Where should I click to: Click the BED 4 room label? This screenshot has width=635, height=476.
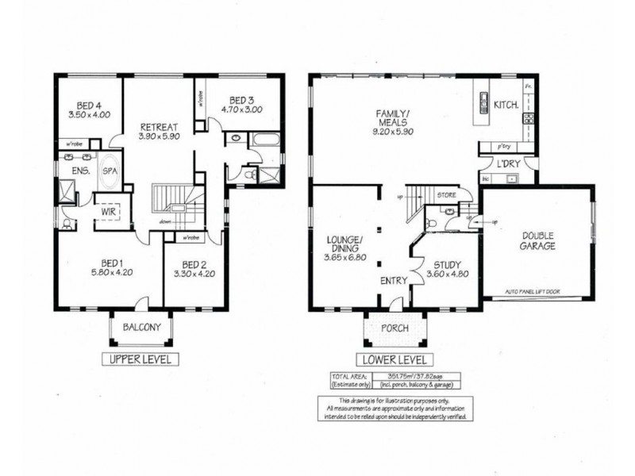coord(88,105)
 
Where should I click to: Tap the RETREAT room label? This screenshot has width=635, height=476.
coord(159,126)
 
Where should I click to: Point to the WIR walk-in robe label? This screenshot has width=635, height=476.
coord(109,212)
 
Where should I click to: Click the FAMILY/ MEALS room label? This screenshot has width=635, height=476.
coord(391,118)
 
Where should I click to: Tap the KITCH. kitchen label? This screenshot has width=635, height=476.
coord(507,105)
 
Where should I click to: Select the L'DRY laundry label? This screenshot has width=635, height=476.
coord(507,164)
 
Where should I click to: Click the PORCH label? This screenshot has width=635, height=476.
coord(394,328)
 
